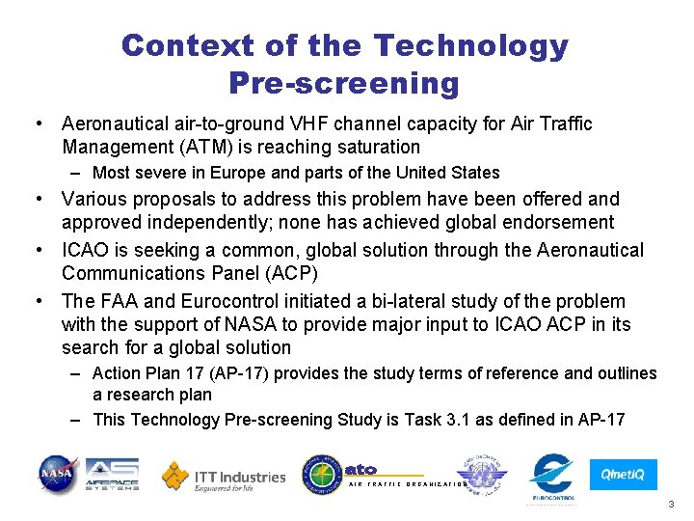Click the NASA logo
coord(58,476)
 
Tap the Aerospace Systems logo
coord(112,475)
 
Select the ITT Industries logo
coord(224,477)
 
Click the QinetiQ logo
coord(624,475)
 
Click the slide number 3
coord(671,505)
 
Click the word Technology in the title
coord(470,45)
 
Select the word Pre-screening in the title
coord(344,83)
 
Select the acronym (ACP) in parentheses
coord(283,274)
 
